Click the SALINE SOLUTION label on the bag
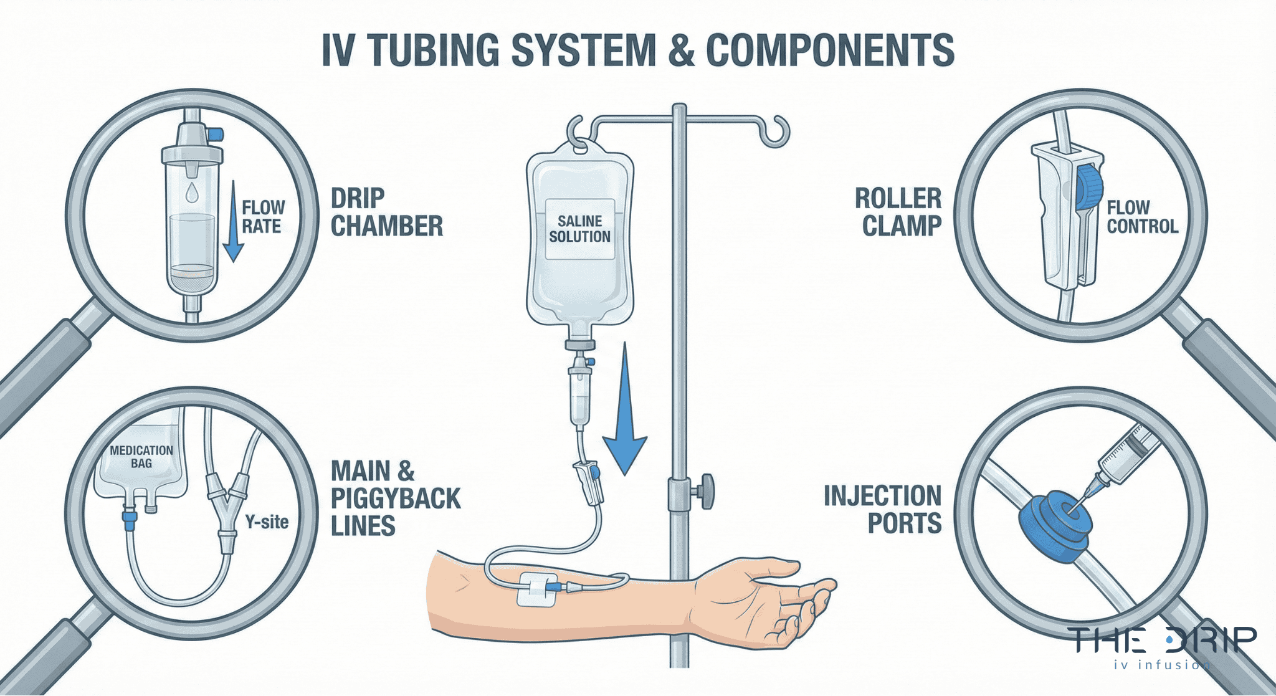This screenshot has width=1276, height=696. (579, 229)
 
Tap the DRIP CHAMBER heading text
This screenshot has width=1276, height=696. (386, 212)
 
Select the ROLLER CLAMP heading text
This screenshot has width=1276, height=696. (898, 212)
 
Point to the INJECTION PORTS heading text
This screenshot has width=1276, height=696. (883, 510)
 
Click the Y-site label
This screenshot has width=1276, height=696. (267, 522)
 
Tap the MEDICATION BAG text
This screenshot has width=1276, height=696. (141, 457)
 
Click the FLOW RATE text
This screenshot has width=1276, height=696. (263, 217)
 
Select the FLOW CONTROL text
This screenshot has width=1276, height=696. (1141, 217)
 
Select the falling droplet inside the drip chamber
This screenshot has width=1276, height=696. (192, 192)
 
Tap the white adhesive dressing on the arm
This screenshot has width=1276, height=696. (535, 588)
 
